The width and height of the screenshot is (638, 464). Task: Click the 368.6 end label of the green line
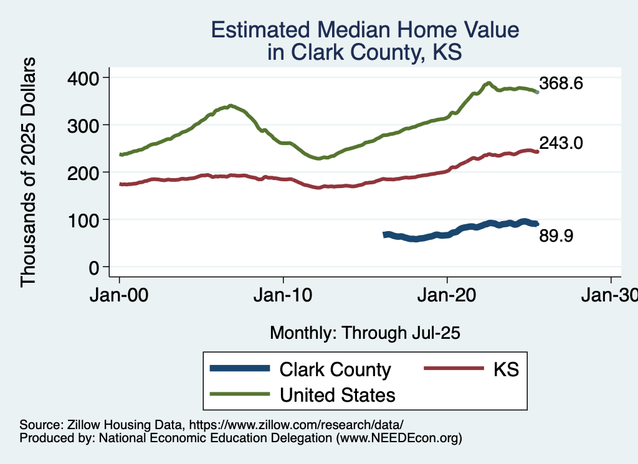point(561,84)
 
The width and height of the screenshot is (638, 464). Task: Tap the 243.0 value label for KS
point(561,143)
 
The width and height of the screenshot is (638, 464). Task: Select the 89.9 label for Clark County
point(556,236)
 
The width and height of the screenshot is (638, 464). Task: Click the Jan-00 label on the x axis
point(120,295)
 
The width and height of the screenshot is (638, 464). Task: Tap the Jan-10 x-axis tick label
point(283,295)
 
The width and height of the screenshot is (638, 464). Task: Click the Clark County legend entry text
point(335,369)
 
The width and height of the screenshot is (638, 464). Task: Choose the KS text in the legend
point(506,369)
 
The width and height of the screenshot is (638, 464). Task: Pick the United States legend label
point(338,394)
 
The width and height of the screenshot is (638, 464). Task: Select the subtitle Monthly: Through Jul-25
point(364,333)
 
